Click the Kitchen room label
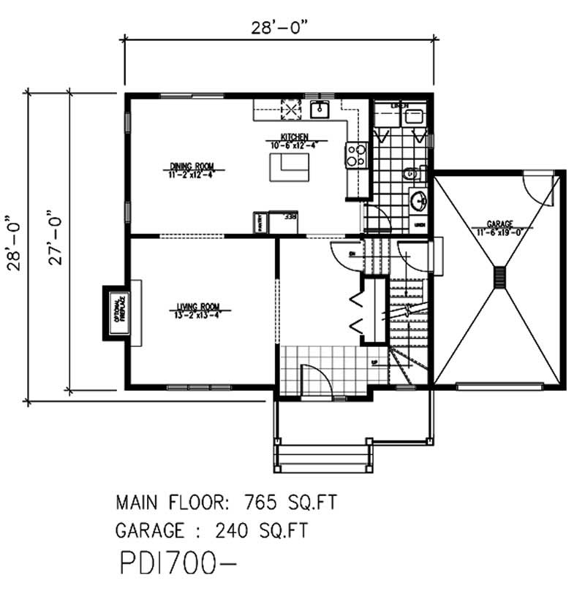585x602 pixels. (297, 137)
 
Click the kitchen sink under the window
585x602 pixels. (320, 110)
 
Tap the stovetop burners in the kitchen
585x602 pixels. (356, 154)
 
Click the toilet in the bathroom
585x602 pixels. (409, 173)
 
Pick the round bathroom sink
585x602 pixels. (419, 199)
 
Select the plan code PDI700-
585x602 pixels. (178, 565)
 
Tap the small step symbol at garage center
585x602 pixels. (500, 277)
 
